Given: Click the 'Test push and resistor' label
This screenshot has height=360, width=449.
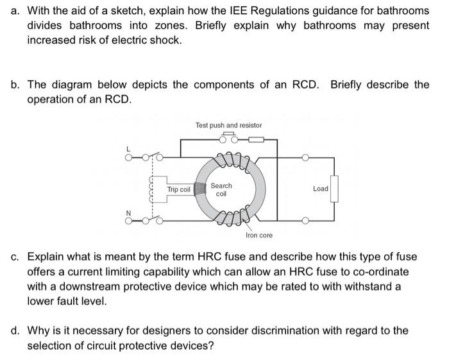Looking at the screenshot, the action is tap(228, 124).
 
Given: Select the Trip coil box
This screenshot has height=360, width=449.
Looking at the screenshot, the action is tap(179, 189).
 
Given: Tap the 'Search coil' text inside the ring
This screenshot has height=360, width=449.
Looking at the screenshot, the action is tap(221, 189).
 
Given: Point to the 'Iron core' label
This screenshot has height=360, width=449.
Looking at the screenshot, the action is tap(258, 236).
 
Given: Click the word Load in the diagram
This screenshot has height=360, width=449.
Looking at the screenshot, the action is tap(320, 189).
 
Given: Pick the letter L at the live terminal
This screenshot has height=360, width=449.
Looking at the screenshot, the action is tap(128, 149).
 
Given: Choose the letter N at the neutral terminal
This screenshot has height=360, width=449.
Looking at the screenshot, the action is tap(128, 213).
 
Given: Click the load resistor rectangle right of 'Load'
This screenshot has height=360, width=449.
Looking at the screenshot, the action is tap(334, 189).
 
